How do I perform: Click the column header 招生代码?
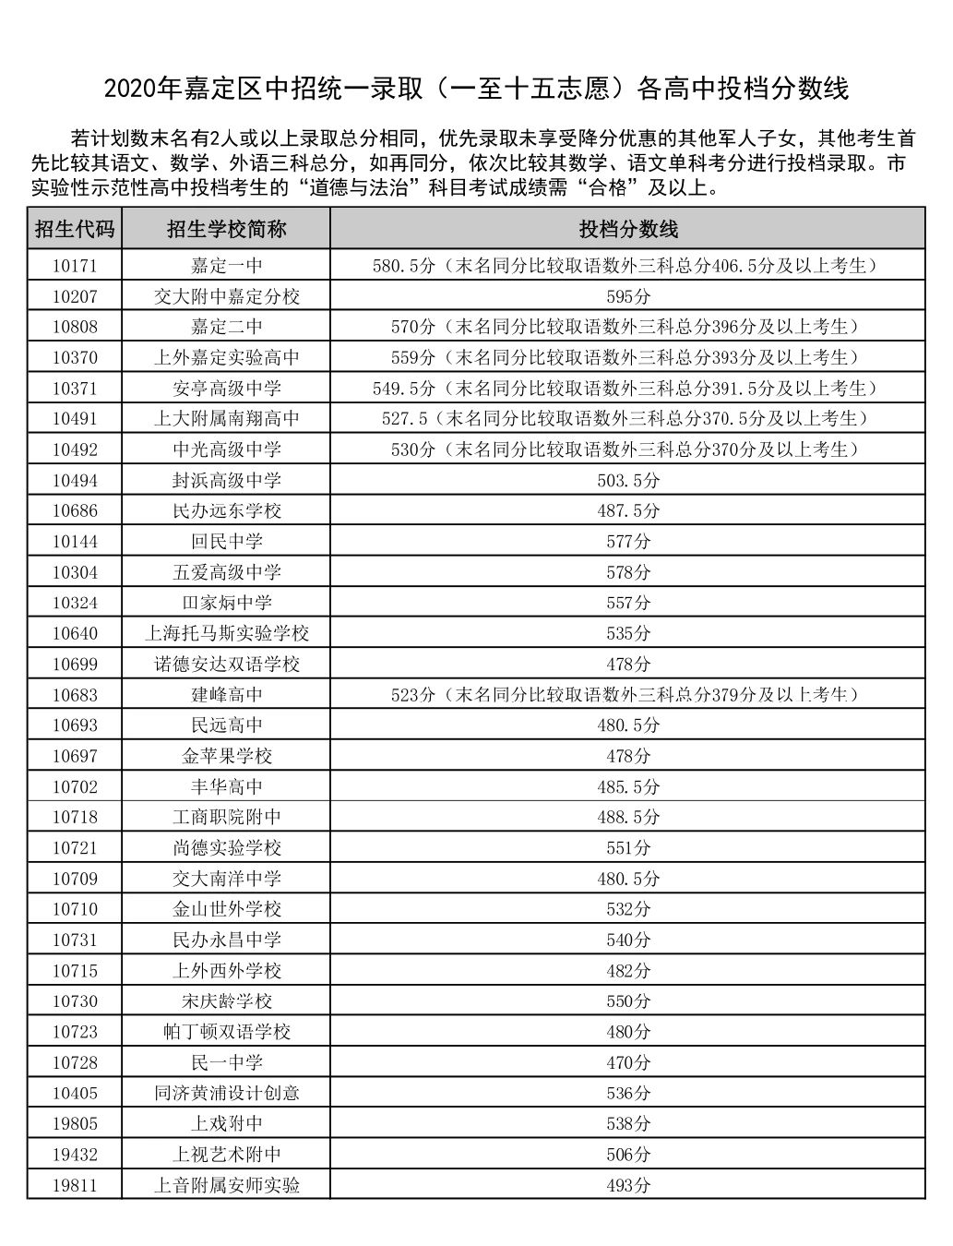(74, 229)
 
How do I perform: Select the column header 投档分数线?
(627, 229)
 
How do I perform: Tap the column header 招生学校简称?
(226, 229)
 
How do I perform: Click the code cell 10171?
(74, 266)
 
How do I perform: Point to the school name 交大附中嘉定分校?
(226, 296)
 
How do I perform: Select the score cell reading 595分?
(627, 296)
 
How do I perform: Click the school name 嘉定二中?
(226, 327)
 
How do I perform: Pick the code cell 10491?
(74, 419)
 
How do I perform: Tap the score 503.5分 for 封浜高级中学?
(627, 480)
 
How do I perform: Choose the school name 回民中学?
(226, 542)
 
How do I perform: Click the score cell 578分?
(627, 572)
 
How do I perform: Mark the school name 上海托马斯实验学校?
(226, 633)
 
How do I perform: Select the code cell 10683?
(74, 695)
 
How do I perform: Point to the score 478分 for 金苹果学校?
(627, 756)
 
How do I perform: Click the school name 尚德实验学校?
(226, 847)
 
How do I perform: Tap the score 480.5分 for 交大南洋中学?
(627, 879)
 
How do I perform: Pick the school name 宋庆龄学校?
(226, 1000)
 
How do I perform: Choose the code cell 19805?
(74, 1123)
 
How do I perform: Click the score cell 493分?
(627, 1185)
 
